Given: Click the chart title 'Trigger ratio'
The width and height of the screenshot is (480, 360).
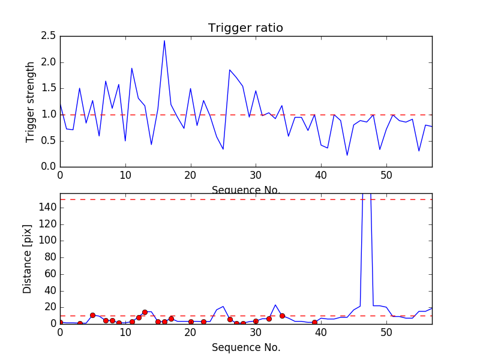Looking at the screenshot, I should (x=245, y=28).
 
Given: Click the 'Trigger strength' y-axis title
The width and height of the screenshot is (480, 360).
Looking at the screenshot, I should (x=31, y=101).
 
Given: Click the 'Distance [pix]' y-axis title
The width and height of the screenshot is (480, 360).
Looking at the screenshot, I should (x=28, y=263).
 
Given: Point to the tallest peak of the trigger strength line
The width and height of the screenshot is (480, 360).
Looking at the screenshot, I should (x=164, y=41).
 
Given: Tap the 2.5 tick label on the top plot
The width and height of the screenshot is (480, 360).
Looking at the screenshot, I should (x=48, y=36).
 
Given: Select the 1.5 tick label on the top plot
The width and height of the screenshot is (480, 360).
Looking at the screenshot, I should (x=48, y=88).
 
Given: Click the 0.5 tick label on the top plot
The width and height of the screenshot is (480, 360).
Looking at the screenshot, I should (x=48, y=140).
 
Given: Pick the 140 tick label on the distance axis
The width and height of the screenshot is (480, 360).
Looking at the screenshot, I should (x=47, y=208).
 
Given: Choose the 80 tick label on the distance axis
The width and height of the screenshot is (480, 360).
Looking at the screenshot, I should (x=50, y=257).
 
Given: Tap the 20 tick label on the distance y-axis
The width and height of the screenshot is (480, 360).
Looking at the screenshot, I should (x=50, y=307).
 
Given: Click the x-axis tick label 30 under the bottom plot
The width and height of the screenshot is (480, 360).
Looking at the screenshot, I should (x=256, y=333).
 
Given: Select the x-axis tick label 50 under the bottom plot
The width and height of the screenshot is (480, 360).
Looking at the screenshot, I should (x=386, y=333).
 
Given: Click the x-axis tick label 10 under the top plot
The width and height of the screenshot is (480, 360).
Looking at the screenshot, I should (x=125, y=176).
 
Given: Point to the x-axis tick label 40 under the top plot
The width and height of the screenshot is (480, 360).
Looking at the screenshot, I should (x=321, y=176).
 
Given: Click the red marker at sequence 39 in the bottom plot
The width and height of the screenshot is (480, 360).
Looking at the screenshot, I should (x=314, y=322).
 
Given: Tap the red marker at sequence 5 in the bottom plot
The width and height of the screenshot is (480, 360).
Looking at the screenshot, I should (x=92, y=315).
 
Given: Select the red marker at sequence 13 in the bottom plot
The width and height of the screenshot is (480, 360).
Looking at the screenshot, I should (x=145, y=312).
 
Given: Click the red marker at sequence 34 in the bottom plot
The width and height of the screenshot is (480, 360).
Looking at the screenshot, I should (x=282, y=316).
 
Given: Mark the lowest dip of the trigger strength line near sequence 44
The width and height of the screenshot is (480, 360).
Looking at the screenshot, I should (x=347, y=155).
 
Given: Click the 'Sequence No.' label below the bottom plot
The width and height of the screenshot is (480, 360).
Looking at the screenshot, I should (x=245, y=347).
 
